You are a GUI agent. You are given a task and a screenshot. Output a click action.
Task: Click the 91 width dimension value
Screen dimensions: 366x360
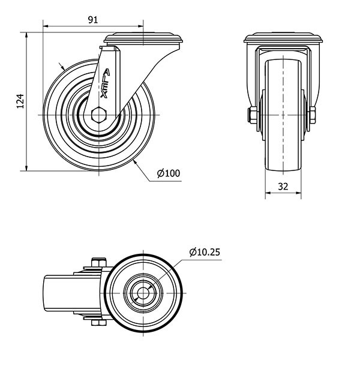click(x=93, y=19)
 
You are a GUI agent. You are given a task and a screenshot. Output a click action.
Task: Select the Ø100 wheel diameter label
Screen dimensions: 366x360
click(x=169, y=173)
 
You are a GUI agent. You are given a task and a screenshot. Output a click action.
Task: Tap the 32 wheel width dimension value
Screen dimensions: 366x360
click(x=284, y=187)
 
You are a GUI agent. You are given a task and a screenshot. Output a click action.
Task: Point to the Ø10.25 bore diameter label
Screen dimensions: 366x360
click(x=205, y=252)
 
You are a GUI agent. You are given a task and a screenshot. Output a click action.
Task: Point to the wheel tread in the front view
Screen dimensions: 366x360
click(x=284, y=120)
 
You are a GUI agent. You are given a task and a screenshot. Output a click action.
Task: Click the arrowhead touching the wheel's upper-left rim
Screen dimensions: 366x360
click(x=64, y=68)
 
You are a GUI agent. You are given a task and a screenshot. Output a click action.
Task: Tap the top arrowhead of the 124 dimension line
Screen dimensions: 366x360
click(x=28, y=35)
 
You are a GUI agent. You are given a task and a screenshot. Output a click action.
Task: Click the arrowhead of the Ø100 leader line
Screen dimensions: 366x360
click(x=139, y=162)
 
